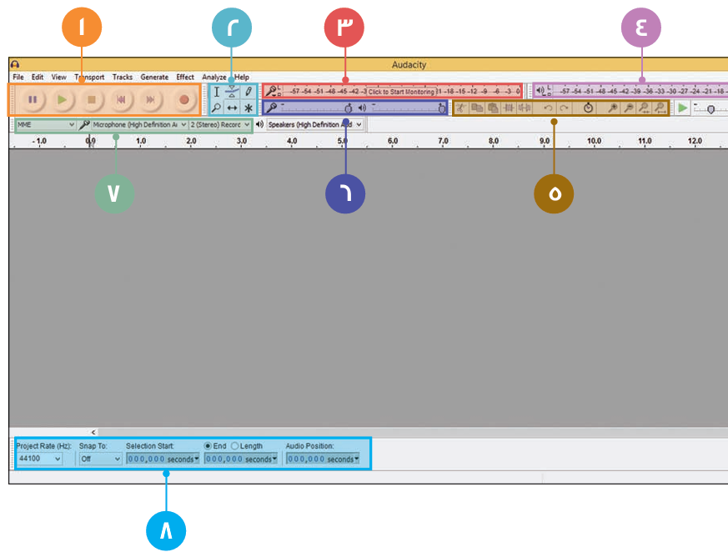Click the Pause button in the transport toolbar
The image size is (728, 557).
(33, 99)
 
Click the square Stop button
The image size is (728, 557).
(92, 99)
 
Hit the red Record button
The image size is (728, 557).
(184, 99)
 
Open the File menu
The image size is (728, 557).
(18, 78)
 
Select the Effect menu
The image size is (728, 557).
(185, 78)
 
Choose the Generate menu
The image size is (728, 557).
(154, 78)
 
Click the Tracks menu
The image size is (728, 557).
(123, 78)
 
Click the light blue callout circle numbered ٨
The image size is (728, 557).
(166, 529)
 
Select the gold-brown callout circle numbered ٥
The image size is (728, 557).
(554, 193)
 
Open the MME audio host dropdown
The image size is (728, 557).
(47, 124)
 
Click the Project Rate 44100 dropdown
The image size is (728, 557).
(40, 459)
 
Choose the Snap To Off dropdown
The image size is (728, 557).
(100, 459)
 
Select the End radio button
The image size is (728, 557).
(208, 446)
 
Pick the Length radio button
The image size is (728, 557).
(234, 446)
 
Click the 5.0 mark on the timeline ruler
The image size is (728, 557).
(343, 142)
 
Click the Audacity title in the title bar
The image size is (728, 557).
(409, 64)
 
